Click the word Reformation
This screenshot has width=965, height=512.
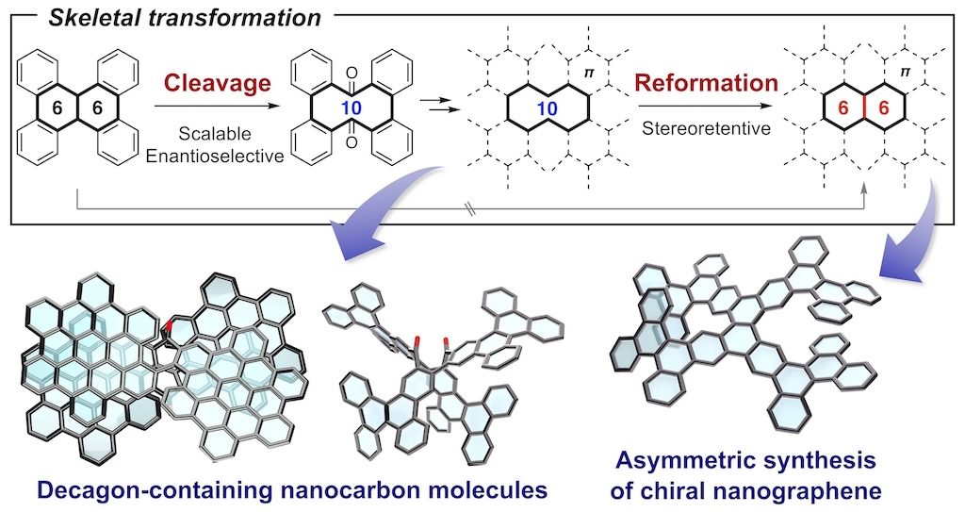click(706, 82)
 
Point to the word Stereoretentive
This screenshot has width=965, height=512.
click(706, 128)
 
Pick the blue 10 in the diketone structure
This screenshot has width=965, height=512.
click(352, 108)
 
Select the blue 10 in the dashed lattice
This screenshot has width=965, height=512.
click(548, 109)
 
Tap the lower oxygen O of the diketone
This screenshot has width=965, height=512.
click(352, 143)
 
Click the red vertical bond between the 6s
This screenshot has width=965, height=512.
click(863, 107)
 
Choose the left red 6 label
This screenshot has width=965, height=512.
click(843, 107)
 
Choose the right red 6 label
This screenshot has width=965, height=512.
click(884, 107)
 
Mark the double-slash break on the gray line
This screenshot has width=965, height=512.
click(473, 209)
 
